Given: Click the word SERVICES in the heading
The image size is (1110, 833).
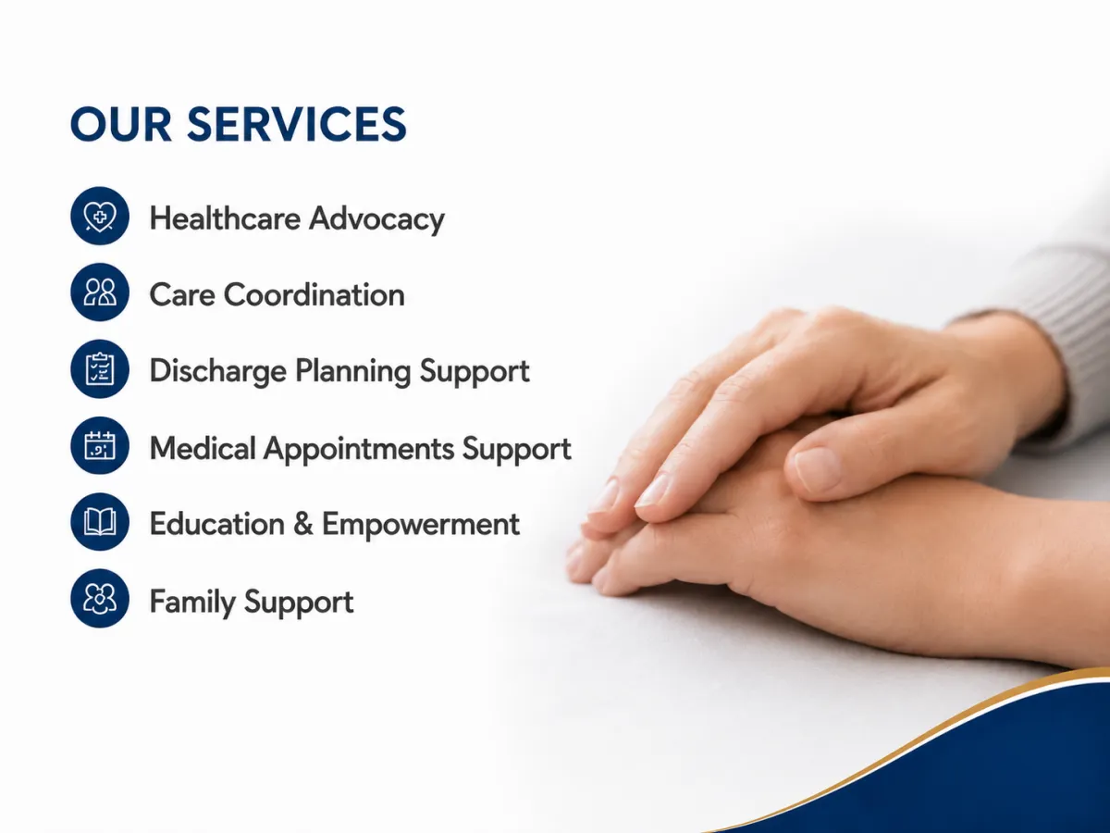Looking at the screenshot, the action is point(296,124).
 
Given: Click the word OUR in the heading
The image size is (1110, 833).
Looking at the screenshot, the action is point(121,124).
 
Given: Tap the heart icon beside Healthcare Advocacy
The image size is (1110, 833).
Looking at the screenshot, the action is point(100,216).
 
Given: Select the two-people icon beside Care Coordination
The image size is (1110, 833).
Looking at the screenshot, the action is point(100,292).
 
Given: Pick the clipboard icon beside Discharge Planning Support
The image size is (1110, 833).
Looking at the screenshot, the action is point(100,368).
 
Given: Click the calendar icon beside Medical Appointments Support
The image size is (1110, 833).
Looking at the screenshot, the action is point(100,445).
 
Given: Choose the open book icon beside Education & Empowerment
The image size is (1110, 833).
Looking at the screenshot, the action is point(100,521).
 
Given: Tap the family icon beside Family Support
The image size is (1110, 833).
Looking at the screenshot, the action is point(100,598).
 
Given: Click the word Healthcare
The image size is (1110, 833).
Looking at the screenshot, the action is point(225,218).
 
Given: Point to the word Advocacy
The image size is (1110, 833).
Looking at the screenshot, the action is point(376,220).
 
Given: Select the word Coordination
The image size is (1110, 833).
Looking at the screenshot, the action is point(314,295).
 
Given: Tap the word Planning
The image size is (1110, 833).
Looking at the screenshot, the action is point(352,372).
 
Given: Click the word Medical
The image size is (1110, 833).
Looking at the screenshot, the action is point(203,448).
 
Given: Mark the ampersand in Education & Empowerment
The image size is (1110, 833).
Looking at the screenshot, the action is point(302,524).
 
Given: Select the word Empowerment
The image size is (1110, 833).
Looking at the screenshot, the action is point(421,525).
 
